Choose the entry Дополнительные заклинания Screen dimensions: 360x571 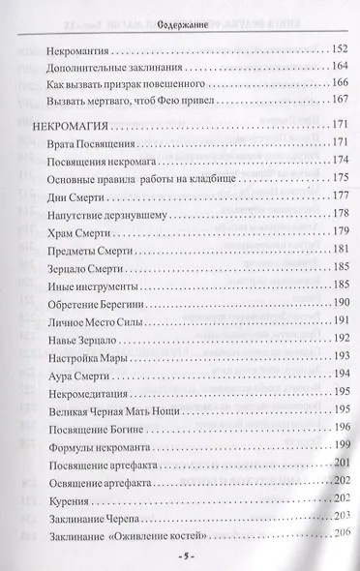tap(113, 68)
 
